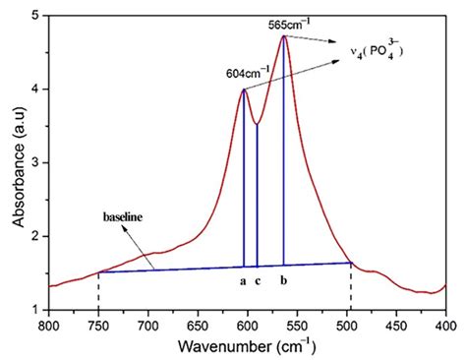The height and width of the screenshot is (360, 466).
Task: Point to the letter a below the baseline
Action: tap(244, 281)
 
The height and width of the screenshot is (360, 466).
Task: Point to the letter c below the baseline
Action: tap(258, 281)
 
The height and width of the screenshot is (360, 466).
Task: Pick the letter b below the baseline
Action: tap(284, 281)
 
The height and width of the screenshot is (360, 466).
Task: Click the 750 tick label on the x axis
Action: tap(98, 324)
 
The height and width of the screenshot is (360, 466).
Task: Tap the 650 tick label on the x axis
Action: tap(198, 324)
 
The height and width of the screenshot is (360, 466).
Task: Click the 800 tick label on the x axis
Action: tap(49, 324)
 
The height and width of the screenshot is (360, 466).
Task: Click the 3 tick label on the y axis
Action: tap(37, 162)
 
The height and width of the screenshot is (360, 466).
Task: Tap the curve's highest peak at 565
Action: tap(284, 36)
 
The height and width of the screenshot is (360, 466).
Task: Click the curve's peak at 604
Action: tap(244, 90)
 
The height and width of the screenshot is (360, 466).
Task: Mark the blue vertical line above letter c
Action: tap(258, 197)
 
